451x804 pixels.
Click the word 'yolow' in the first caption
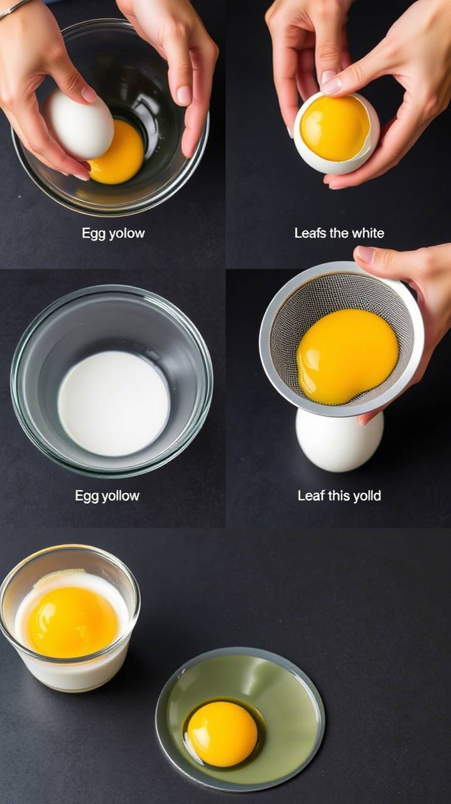tap(126, 234)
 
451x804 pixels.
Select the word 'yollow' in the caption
tap(121, 496)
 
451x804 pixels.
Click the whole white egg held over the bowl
tap(80, 124)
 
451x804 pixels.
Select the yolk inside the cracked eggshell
tap(334, 128)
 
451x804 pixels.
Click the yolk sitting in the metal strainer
tap(347, 356)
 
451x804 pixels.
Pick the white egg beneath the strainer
tap(339, 441)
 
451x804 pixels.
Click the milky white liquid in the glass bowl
tap(114, 403)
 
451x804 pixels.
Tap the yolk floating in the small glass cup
tap(72, 622)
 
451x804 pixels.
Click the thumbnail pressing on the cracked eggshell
tap(332, 85)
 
